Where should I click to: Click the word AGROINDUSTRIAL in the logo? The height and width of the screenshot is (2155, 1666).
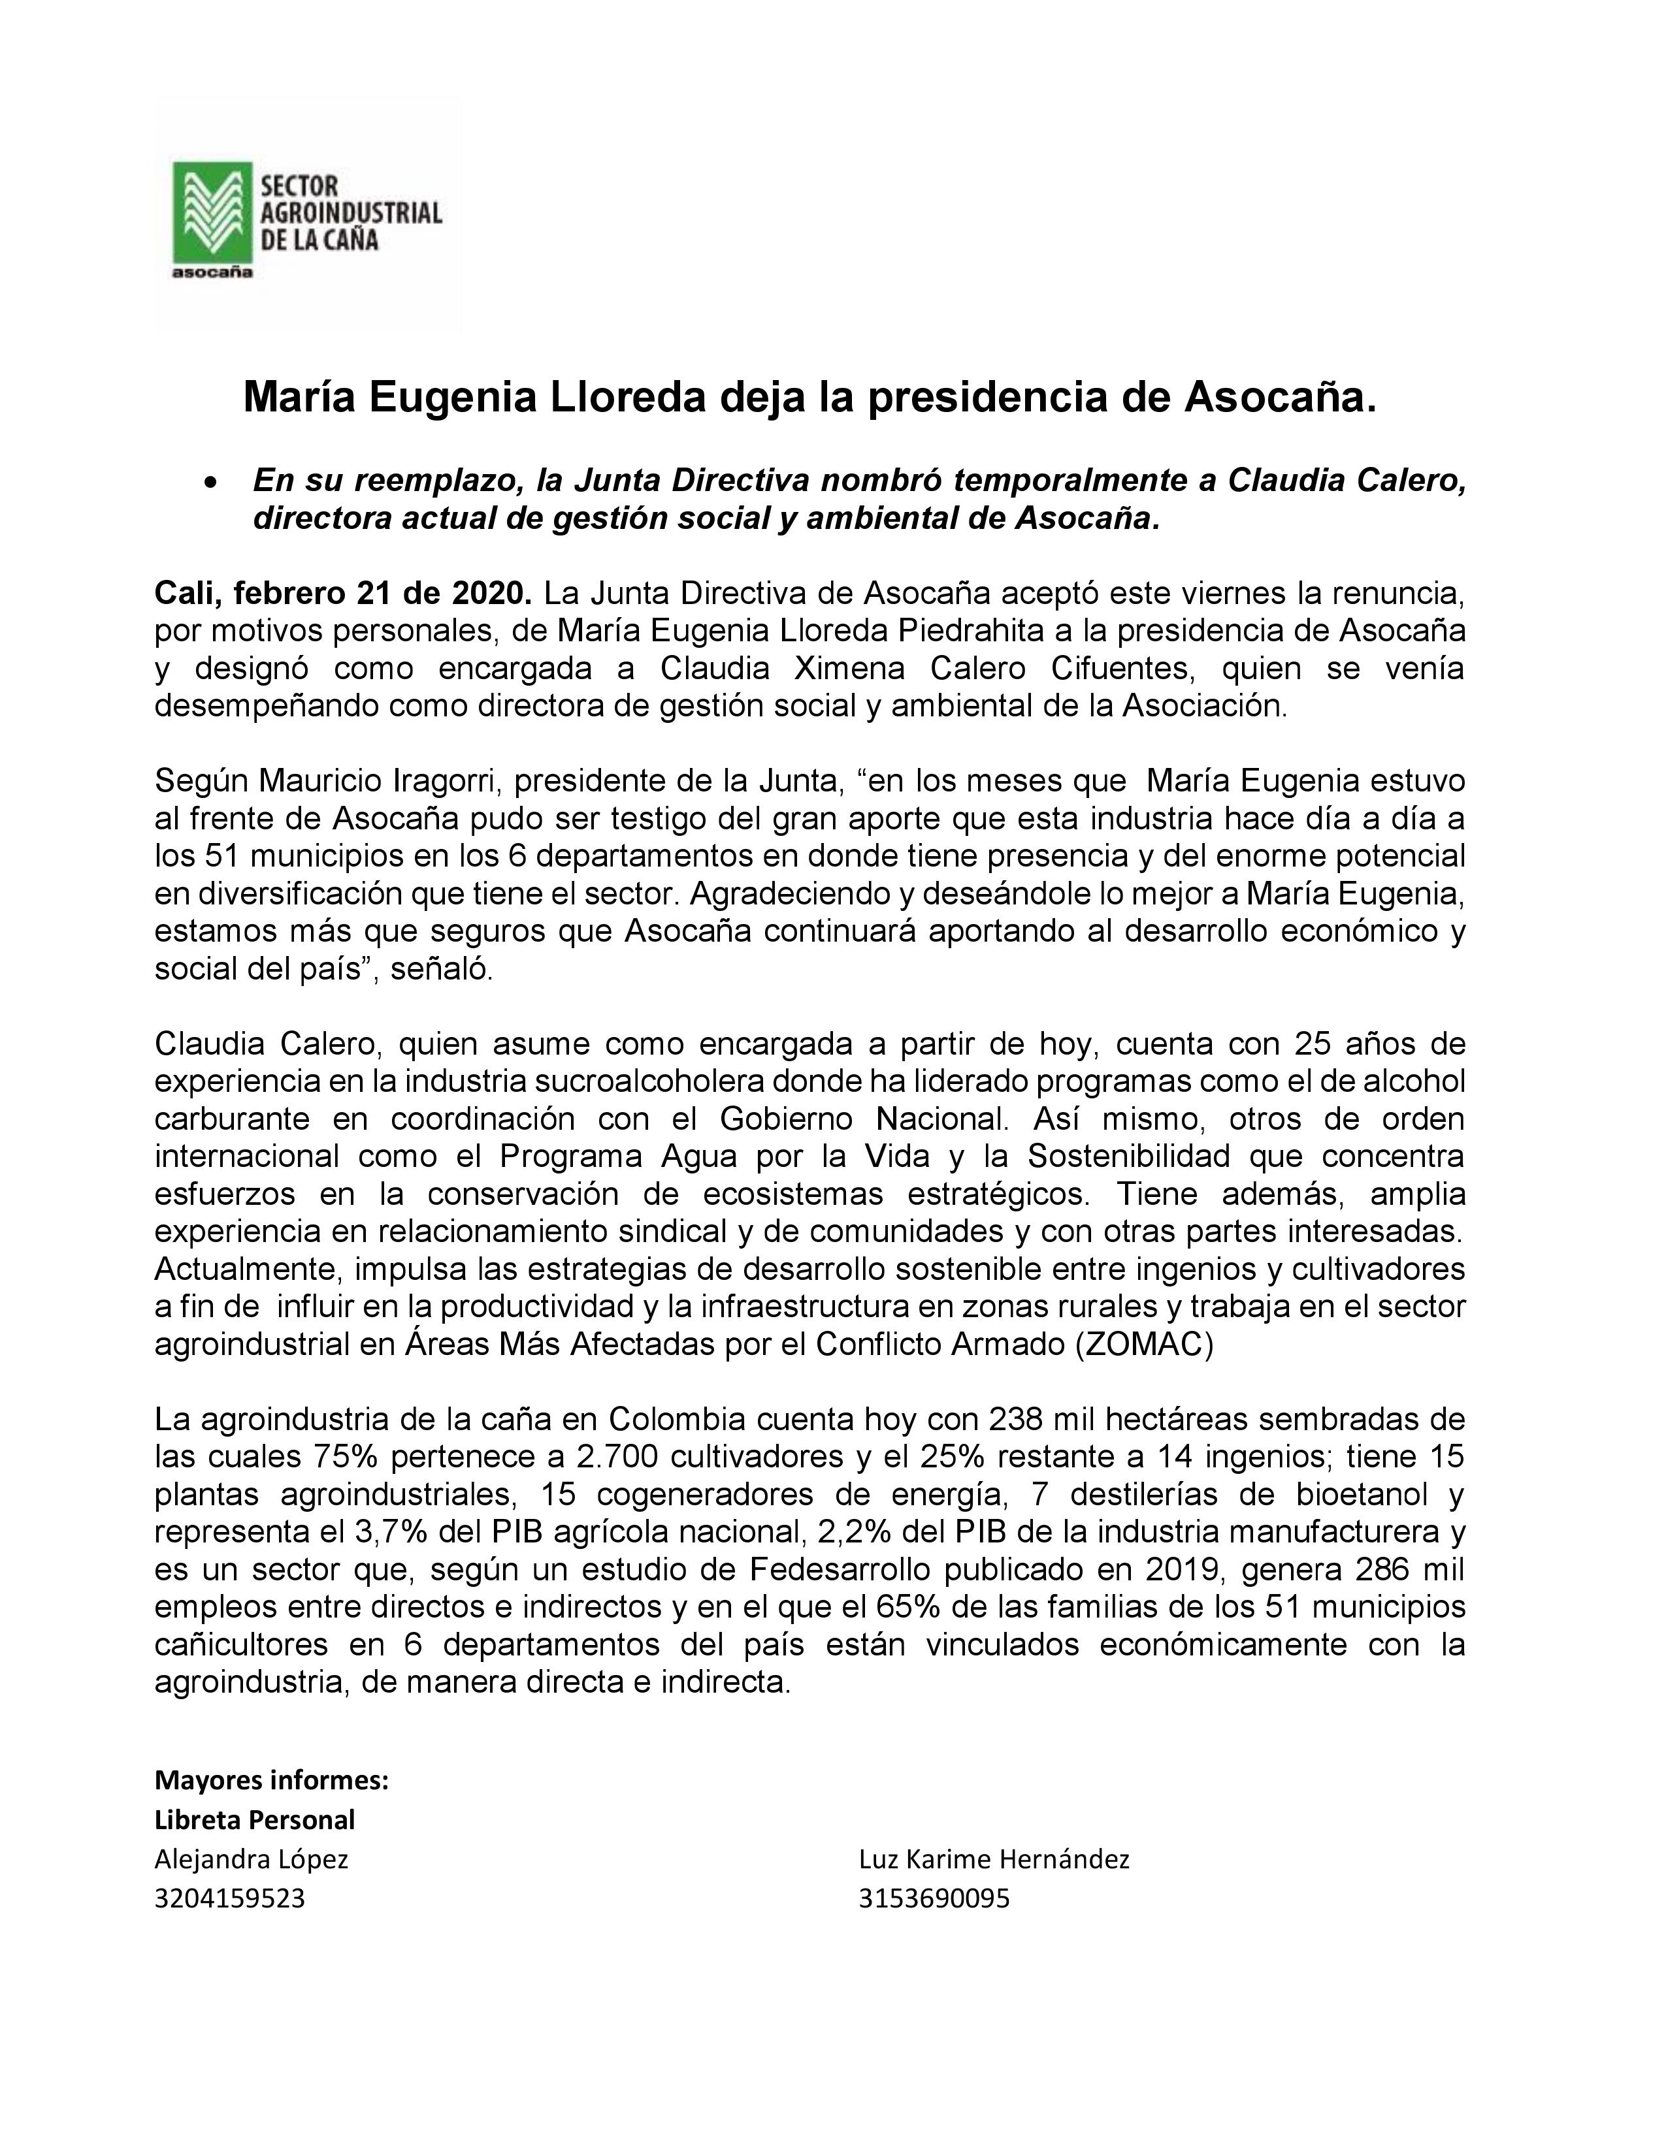(x=350, y=212)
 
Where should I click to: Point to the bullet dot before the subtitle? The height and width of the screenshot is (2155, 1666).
(x=209, y=483)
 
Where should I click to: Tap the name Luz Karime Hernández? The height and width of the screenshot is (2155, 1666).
(x=994, y=1859)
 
